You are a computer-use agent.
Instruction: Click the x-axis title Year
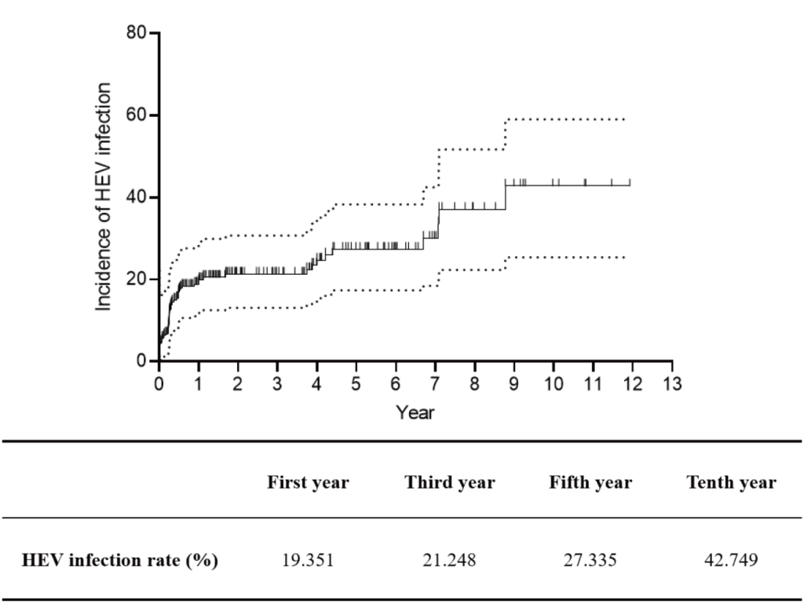415,412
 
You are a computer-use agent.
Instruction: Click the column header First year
308,482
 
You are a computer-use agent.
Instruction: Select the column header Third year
450,482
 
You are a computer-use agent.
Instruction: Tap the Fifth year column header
590,482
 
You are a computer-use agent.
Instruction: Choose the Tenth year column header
731,482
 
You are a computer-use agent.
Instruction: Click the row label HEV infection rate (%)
120,561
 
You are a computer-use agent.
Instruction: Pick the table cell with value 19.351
308,562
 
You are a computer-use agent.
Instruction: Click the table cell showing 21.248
450,562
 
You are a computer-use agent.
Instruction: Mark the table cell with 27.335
590,562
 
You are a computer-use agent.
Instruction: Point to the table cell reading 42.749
731,562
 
